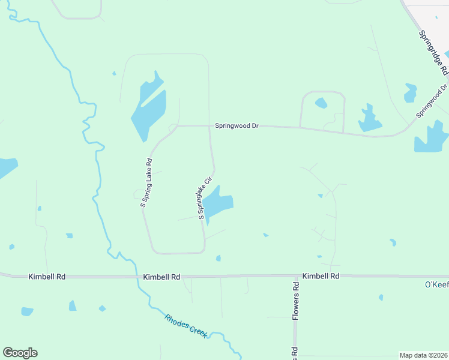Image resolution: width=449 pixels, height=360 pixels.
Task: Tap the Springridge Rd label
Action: (x=434, y=53)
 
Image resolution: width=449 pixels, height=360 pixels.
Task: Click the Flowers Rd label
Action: (x=296, y=300)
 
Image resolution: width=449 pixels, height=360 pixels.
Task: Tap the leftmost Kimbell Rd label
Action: (x=47, y=277)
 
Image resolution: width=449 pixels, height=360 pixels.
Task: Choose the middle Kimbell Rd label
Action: (x=162, y=277)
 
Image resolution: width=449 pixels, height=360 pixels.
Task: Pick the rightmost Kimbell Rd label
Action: (x=321, y=276)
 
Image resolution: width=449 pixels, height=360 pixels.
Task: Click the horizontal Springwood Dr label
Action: (x=237, y=126)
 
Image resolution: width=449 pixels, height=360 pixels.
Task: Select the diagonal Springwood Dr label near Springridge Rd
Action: (x=432, y=100)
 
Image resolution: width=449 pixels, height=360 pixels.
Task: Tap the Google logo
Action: (x=20, y=353)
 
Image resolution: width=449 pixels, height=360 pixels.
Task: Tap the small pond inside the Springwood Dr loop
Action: (x=321, y=103)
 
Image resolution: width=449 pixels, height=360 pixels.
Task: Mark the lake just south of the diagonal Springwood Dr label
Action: (x=431, y=139)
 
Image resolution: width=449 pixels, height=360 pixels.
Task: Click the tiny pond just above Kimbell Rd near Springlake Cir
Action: (x=218, y=258)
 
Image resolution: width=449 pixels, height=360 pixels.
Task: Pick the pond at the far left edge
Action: (x=7, y=167)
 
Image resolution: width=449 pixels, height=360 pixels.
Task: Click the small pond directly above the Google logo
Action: (x=27, y=311)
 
